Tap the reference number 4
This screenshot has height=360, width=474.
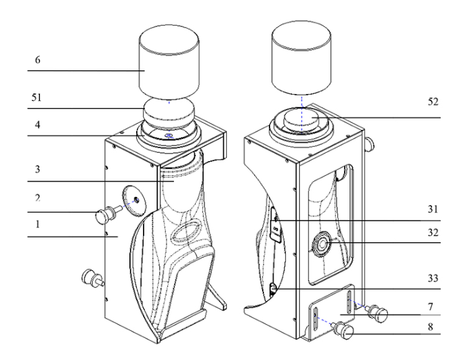38,126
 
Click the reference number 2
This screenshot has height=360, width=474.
38,201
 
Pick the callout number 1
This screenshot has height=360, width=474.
38,227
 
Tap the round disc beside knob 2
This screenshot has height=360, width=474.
133,200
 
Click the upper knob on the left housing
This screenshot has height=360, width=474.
104,215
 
